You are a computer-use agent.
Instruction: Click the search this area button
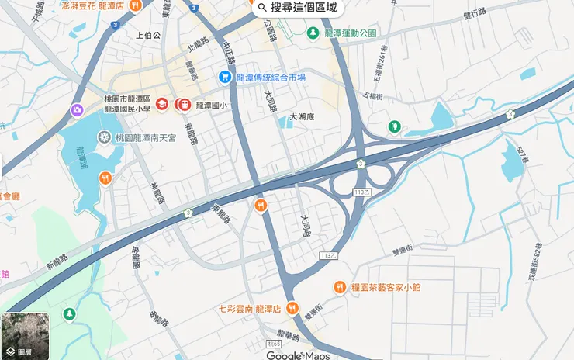299,8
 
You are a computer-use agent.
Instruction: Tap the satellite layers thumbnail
25,336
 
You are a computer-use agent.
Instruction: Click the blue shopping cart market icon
224,77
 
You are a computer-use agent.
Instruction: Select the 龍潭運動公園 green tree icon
313,33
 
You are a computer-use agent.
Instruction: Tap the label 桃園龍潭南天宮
145,137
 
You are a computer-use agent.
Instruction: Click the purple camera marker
77,111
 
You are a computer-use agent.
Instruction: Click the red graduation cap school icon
162,104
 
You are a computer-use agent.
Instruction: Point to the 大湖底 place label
302,117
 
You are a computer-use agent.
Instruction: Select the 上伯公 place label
147,36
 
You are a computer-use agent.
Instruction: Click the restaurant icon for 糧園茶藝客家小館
339,288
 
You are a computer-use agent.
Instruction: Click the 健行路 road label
473,13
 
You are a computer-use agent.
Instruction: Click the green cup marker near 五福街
394,126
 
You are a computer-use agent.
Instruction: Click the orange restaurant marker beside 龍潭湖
105,178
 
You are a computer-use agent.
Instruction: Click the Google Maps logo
298,355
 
